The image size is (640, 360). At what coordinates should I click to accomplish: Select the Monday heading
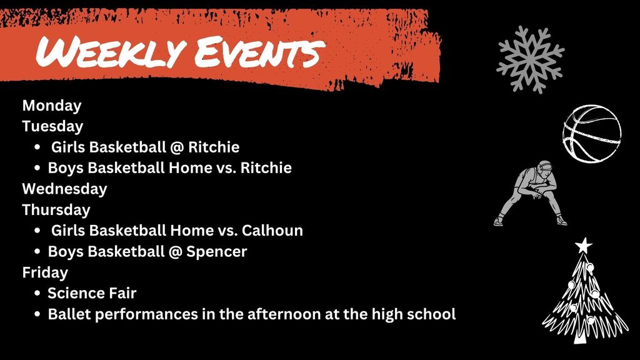coord(52,106)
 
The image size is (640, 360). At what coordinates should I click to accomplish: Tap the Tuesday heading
coord(52,126)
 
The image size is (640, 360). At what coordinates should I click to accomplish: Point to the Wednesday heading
coord(64,188)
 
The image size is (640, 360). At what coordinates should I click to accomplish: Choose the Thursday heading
coord(56,209)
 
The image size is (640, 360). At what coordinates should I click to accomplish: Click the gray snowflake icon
coord(530,59)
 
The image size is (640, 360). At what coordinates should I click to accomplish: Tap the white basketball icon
coord(591,133)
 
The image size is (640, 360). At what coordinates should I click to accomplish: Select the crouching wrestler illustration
coord(531,194)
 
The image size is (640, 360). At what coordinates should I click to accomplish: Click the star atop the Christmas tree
coord(584,245)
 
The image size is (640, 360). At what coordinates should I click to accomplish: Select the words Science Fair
coord(92,292)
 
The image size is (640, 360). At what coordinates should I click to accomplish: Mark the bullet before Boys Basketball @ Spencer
coord(39,252)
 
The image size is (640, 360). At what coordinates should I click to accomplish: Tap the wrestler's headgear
coord(546,166)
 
